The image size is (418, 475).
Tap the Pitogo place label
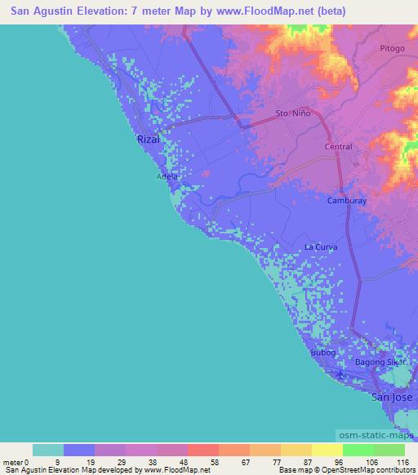(x=392, y=49)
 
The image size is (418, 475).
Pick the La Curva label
(x=321, y=246)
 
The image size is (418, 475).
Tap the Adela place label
(x=167, y=176)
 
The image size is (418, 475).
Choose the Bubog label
(x=323, y=353)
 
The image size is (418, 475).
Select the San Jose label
(x=389, y=397)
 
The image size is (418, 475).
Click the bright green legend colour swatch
(x=358, y=450)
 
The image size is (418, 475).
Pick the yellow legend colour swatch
(x=327, y=450)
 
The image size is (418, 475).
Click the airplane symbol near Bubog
(x=341, y=376)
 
